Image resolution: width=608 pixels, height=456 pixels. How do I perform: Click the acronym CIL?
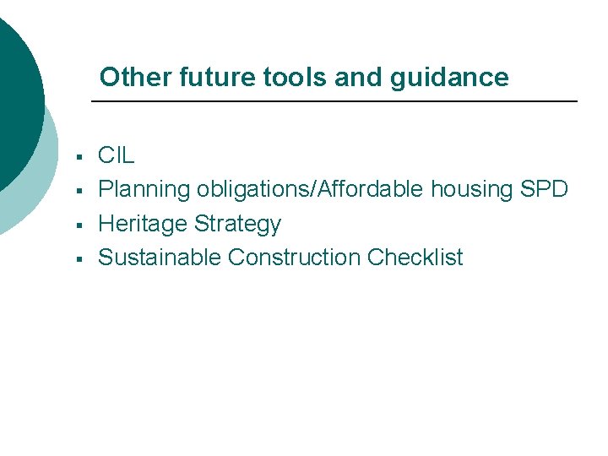[117, 155]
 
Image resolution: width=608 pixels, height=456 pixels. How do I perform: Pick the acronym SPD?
[544, 189]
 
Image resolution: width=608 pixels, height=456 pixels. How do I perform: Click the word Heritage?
[143, 224]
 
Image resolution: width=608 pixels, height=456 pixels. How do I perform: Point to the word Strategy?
[237, 224]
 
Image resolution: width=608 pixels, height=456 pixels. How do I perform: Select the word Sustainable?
[160, 258]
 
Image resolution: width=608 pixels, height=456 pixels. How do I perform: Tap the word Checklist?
[415, 258]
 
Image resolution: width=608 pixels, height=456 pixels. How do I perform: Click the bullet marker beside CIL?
[78, 157]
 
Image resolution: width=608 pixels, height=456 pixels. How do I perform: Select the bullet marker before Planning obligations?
[78, 191]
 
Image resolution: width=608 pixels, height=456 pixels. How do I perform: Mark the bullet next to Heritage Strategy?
[78, 225]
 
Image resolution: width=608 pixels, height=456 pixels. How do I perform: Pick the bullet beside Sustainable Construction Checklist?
[78, 258]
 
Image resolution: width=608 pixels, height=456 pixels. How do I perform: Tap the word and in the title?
[356, 78]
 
